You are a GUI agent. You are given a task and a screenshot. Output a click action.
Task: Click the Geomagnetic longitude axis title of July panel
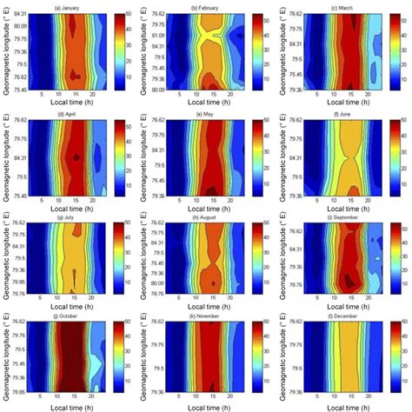6,253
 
